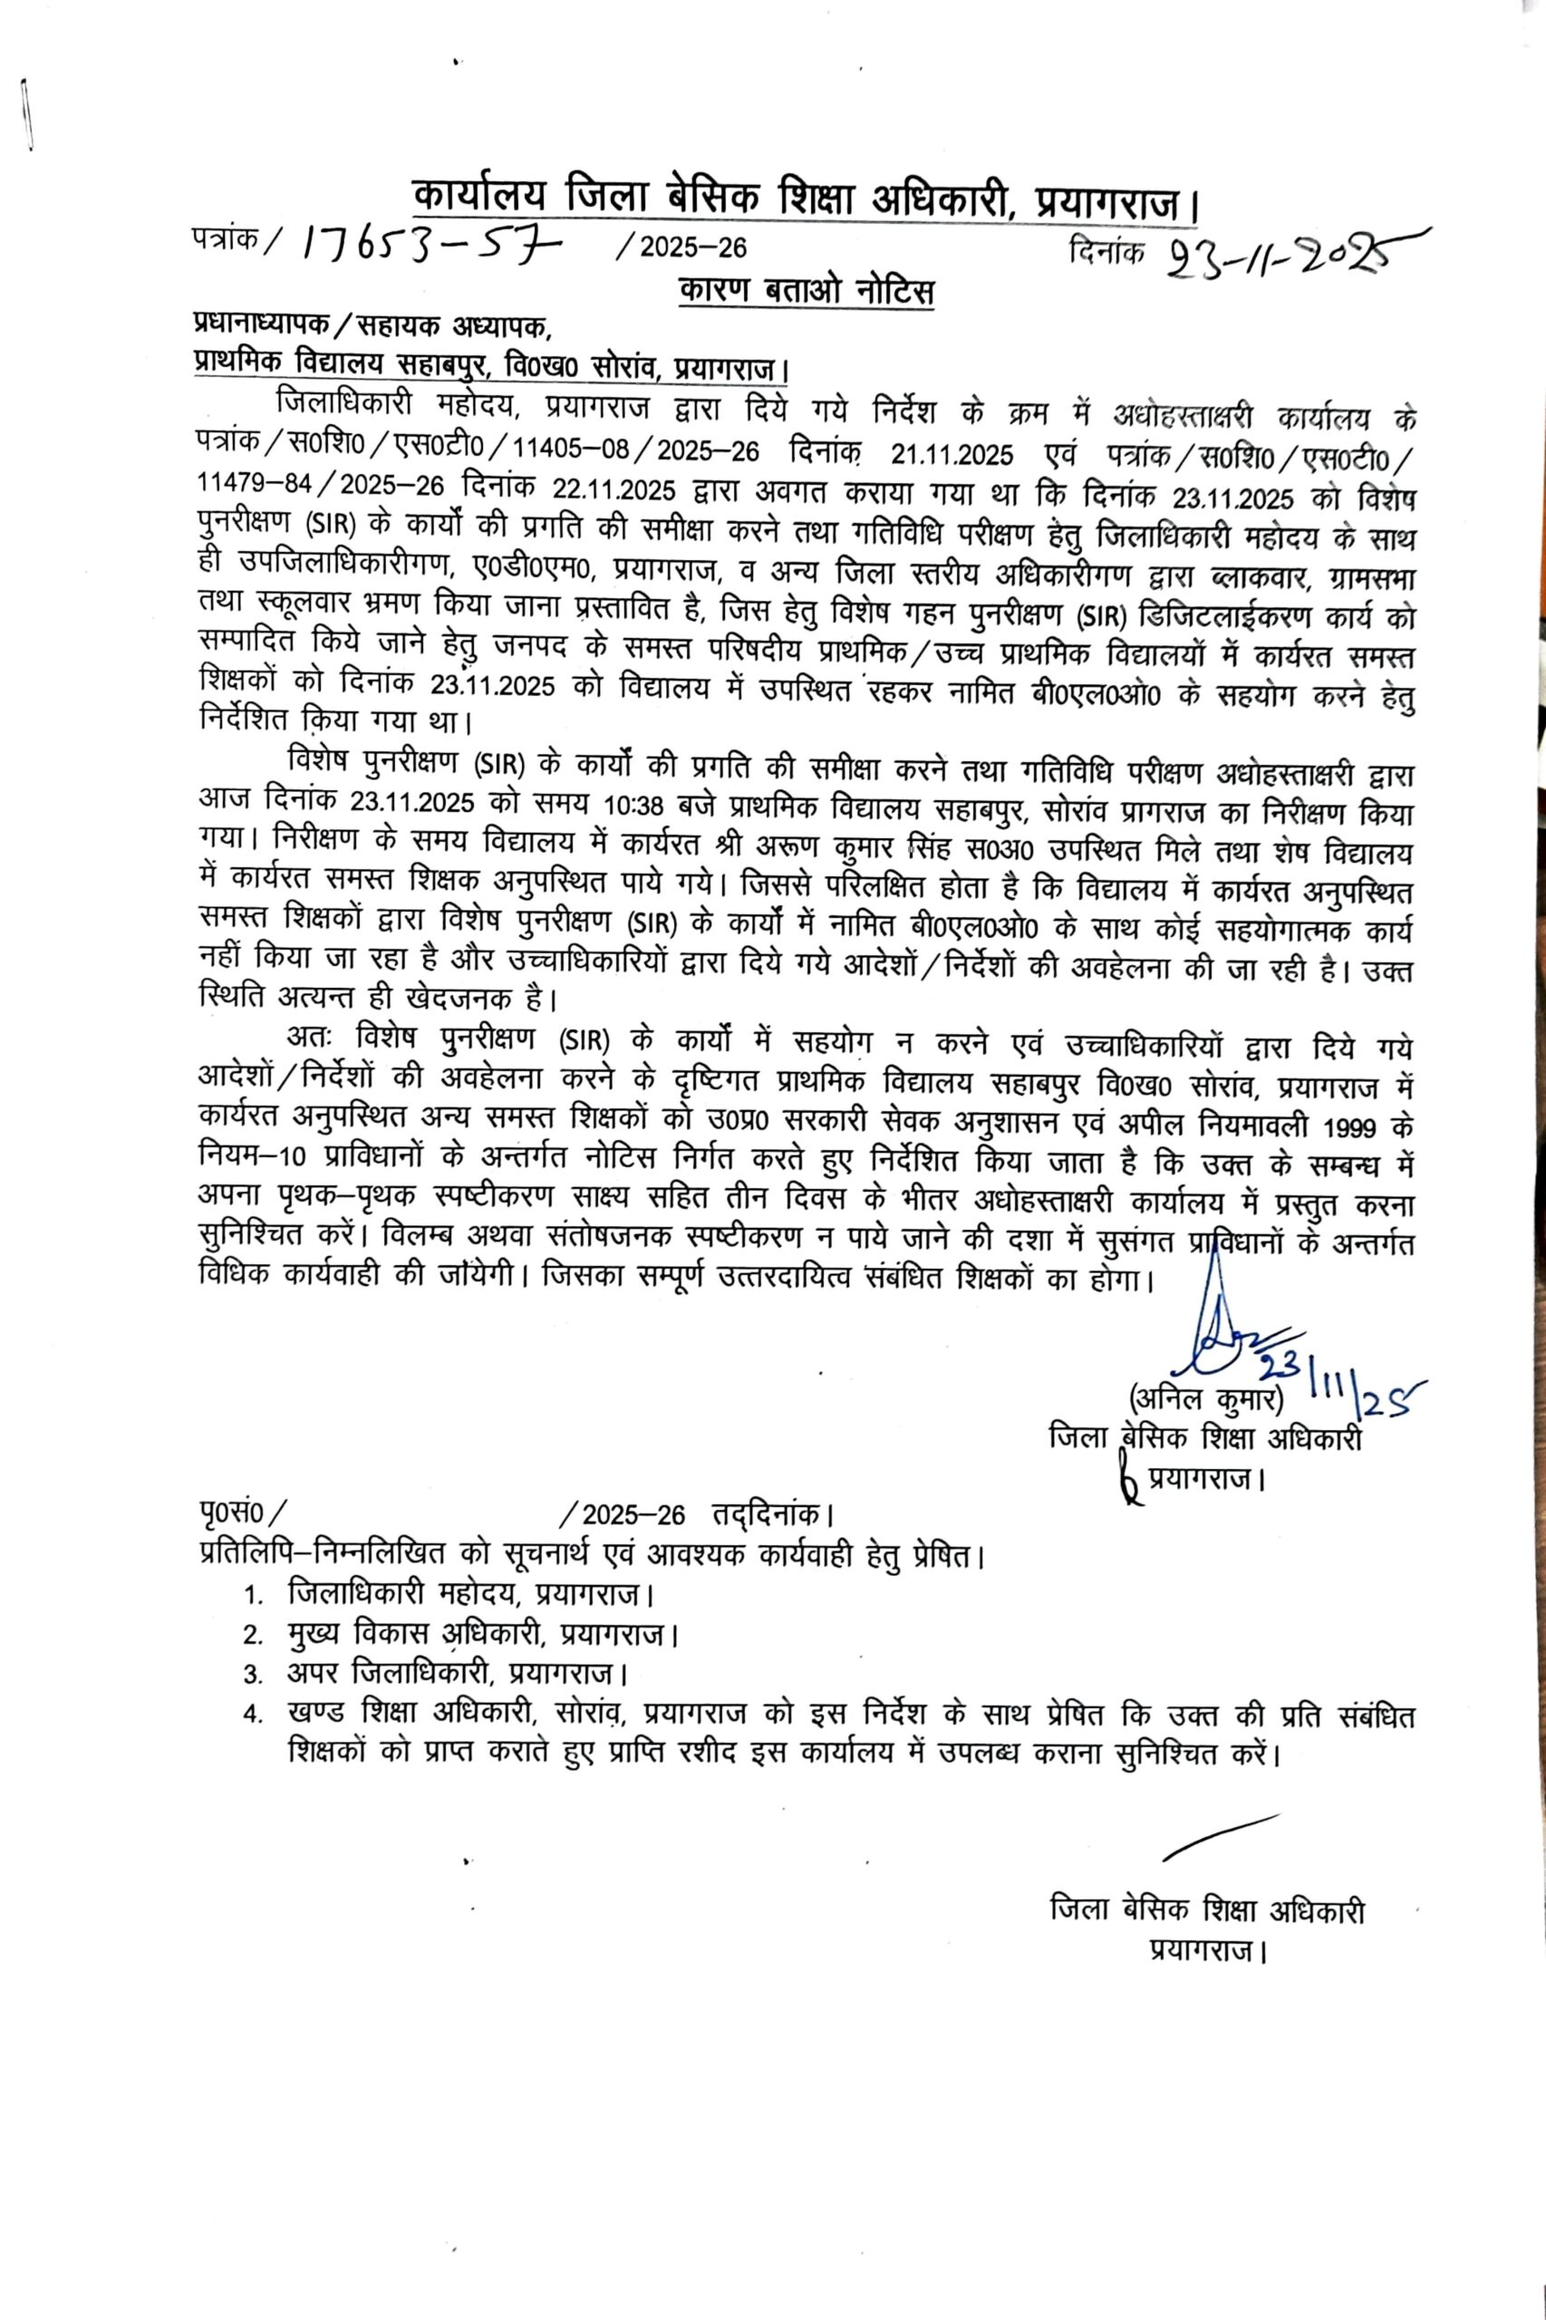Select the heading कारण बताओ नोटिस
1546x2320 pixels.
806,291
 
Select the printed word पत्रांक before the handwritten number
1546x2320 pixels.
226,239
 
